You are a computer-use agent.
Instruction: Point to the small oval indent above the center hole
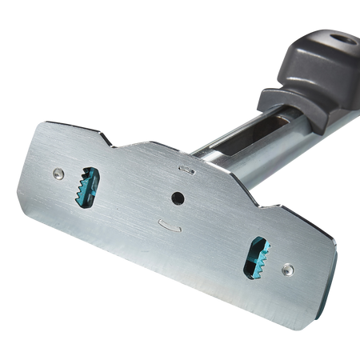pyautogui.click(x=186, y=169)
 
